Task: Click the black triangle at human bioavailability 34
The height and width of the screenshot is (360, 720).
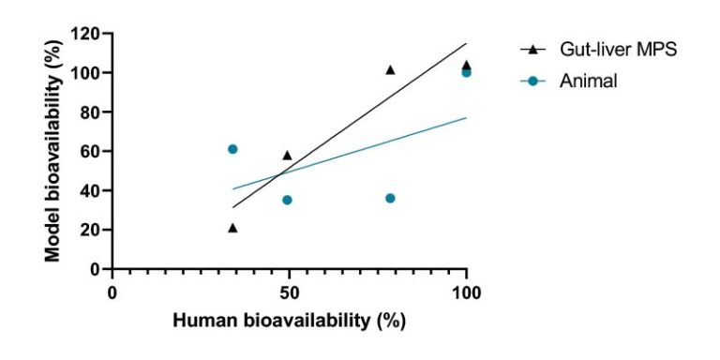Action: coord(232,228)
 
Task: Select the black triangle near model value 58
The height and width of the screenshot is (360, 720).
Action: coord(287,156)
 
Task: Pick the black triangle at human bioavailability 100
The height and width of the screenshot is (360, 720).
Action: coord(466,66)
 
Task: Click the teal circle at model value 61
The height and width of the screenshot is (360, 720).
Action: coord(232,149)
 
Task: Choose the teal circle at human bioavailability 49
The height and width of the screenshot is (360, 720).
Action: coord(287,200)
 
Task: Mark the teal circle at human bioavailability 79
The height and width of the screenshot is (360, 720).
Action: coord(390,198)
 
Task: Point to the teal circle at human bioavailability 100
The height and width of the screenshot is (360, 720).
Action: coord(466,73)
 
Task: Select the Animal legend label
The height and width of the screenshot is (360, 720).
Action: coord(590,82)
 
